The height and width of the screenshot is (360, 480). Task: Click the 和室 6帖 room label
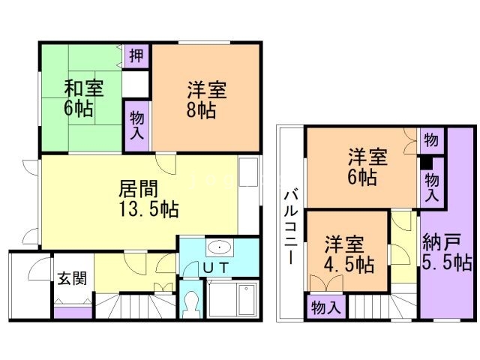[x=79, y=98]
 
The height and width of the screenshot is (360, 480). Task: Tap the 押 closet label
[x=136, y=55]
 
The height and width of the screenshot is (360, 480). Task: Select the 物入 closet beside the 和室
[x=137, y=124]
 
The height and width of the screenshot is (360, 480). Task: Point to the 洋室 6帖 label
[x=367, y=167]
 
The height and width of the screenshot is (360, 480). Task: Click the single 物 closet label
[x=430, y=139]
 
